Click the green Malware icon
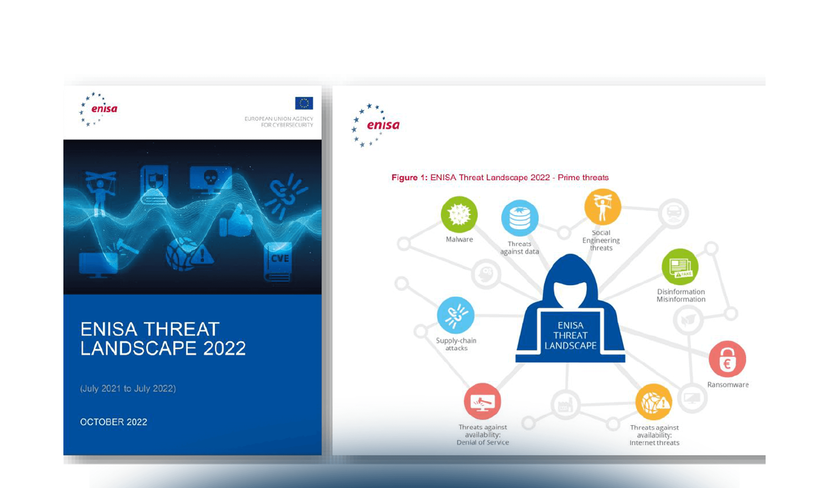[x=459, y=215]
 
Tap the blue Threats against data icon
[x=520, y=218]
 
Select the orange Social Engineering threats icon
[x=603, y=207]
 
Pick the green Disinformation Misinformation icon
[x=680, y=267]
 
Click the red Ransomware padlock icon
[x=727, y=359]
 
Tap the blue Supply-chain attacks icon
[x=456, y=316]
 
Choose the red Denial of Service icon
[x=482, y=401]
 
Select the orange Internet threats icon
[x=654, y=402]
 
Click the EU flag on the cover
[x=304, y=103]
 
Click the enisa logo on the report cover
[x=98, y=109]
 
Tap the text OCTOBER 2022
[x=114, y=422]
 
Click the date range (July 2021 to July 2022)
[x=128, y=388]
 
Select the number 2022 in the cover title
[x=224, y=349]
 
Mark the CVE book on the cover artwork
[x=278, y=261]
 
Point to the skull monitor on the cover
[x=211, y=179]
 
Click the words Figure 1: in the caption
[x=410, y=178]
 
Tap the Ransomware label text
[x=728, y=385]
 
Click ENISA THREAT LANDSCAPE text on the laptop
[x=571, y=335]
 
